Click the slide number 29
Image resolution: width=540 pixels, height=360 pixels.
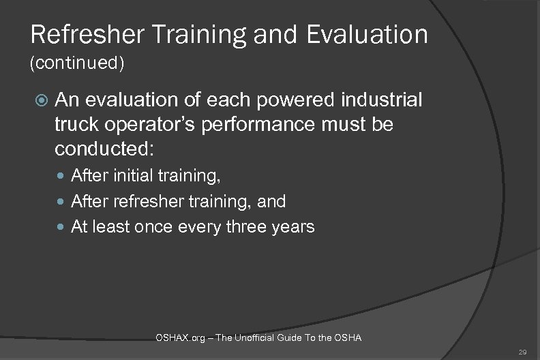pos(523,350)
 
